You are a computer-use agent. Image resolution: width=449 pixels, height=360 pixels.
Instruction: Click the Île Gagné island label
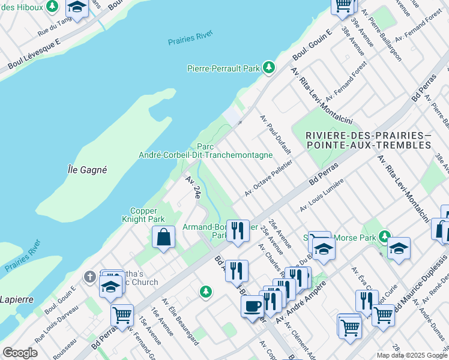pyautogui.click(x=87, y=170)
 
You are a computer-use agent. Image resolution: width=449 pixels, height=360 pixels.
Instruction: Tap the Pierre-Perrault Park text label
pyautogui.click(x=223, y=69)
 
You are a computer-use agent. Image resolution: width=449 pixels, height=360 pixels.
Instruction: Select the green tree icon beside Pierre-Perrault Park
pyautogui.click(x=269, y=67)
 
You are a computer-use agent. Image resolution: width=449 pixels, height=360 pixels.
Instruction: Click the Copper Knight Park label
pyautogui.click(x=147, y=215)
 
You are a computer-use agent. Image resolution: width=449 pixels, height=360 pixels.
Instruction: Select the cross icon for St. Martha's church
pyautogui.click(x=89, y=277)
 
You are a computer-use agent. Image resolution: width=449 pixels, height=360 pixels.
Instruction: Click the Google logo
pyautogui.click(x=19, y=353)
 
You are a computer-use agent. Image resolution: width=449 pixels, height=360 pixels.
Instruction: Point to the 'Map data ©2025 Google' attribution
pyautogui.click(x=411, y=355)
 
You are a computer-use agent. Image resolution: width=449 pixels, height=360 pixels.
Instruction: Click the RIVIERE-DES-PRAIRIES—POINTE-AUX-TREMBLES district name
pyautogui.click(x=367, y=140)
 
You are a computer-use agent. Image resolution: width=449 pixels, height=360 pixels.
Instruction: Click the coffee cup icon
pyautogui.click(x=252, y=305)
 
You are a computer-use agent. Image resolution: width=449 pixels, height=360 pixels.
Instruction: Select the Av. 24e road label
pyautogui.click(x=193, y=187)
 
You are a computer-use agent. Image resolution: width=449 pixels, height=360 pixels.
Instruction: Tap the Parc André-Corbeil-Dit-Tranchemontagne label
pyautogui.click(x=205, y=151)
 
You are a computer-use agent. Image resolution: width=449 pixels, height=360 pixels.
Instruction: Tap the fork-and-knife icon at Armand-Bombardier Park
pyautogui.click(x=238, y=230)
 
